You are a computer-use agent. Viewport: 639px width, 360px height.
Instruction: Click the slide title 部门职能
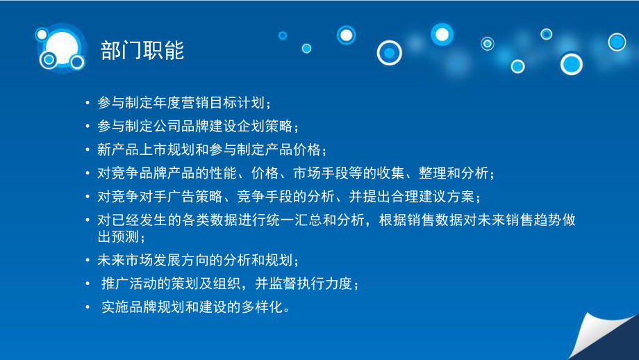point(142,51)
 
